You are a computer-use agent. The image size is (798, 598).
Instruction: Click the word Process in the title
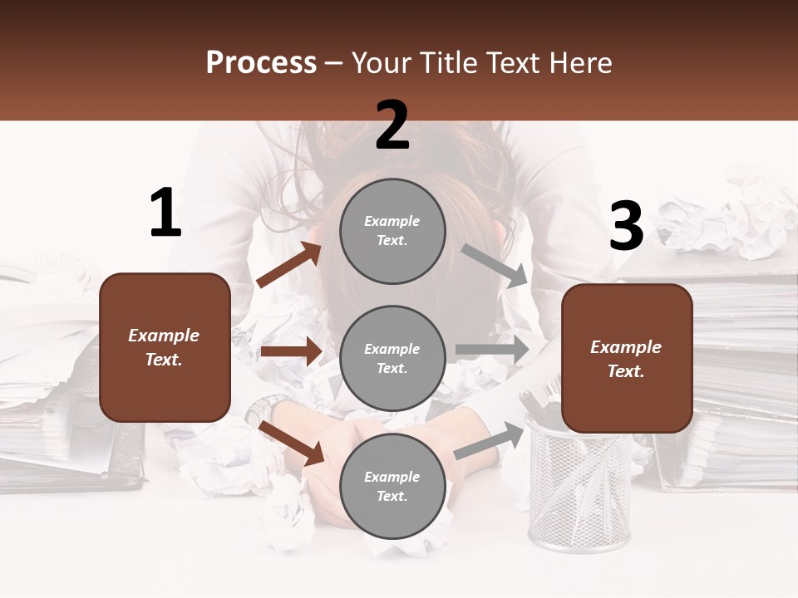[x=261, y=63]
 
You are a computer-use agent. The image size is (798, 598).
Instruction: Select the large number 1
[x=165, y=213]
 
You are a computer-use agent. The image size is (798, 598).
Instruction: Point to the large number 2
[x=392, y=125]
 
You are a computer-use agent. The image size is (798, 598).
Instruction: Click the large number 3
[x=626, y=227]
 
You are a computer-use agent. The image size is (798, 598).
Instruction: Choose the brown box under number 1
[x=165, y=347]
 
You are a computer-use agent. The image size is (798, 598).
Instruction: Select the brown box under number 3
[x=627, y=358]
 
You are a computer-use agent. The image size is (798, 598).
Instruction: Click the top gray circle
[x=392, y=231]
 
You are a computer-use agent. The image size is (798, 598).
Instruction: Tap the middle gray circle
[x=392, y=358]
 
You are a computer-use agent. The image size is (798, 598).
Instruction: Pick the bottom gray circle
[x=392, y=486]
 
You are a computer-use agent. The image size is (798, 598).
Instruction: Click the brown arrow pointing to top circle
[x=289, y=265]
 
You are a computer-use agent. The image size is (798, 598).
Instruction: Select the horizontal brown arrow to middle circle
[x=291, y=351]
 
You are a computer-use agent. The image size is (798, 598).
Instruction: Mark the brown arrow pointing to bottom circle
[x=292, y=443]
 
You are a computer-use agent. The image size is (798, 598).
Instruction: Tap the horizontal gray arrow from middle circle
[x=492, y=350]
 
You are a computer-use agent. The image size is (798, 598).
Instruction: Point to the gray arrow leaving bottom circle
[x=490, y=439]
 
